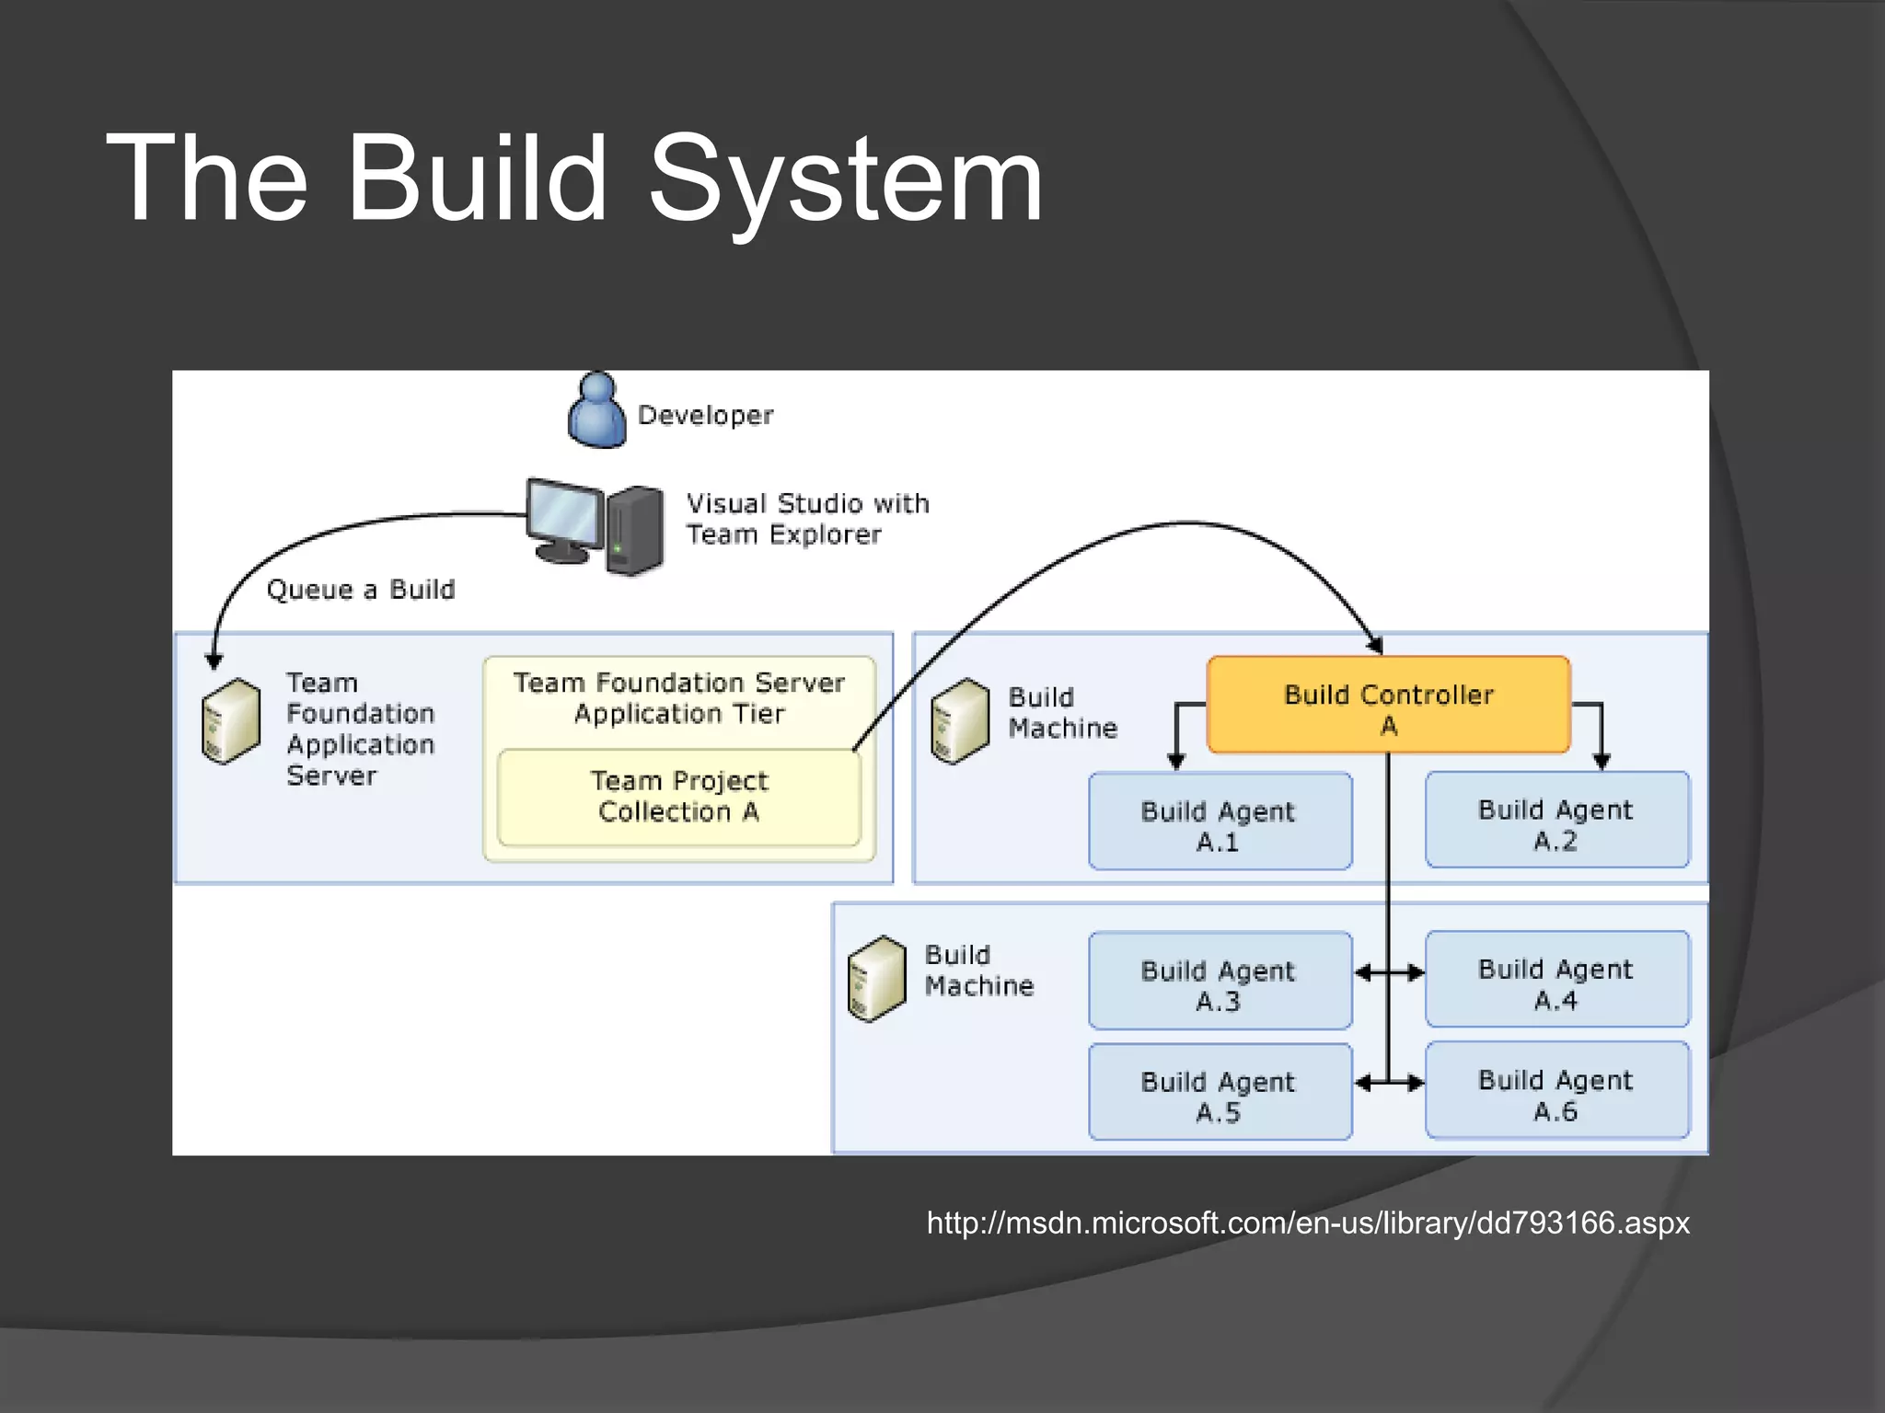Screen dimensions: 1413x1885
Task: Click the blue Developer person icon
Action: [x=596, y=412]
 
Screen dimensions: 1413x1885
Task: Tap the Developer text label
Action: [x=705, y=416]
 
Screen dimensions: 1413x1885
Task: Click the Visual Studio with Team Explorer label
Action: [x=806, y=519]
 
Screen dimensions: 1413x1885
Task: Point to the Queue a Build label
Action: [x=360, y=590]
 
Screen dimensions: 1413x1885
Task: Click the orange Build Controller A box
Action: [x=1387, y=705]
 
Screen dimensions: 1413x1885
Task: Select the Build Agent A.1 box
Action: [x=1219, y=821]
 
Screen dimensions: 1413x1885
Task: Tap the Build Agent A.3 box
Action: [x=1219, y=981]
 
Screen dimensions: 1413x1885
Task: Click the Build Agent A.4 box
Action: [x=1556, y=980]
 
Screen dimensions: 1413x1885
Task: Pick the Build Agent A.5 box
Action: [x=1219, y=1092]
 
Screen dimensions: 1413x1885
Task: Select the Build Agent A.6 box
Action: [x=1556, y=1091]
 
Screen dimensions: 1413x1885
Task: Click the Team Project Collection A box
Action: [x=678, y=798]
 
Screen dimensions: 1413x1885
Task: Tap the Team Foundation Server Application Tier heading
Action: [x=678, y=698]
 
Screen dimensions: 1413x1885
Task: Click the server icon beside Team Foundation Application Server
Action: [x=230, y=721]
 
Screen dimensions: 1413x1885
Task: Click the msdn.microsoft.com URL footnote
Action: [x=1308, y=1223]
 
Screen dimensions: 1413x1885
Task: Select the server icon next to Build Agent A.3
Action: [x=876, y=979]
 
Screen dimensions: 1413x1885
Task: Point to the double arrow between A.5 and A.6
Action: [x=1389, y=1084]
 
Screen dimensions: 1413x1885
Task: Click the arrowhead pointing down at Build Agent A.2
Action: [x=1602, y=761]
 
